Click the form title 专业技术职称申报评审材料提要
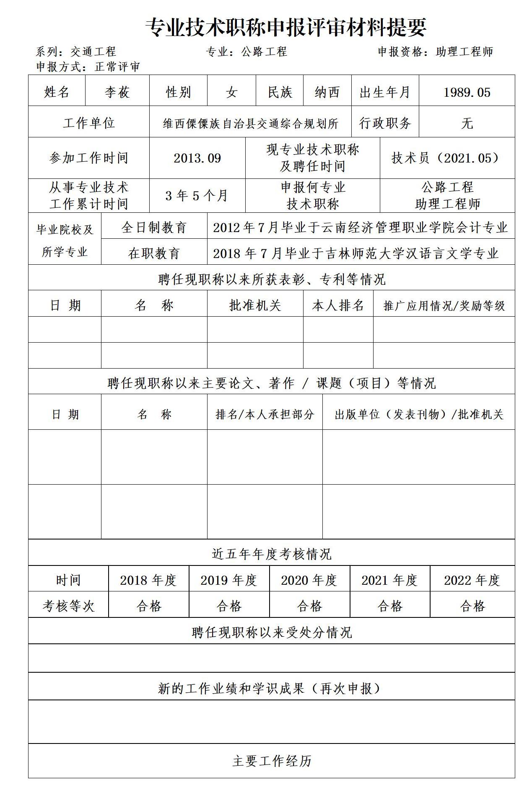tap(286, 28)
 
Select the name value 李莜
tap(117, 92)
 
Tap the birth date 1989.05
tap(467, 92)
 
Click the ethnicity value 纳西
tap(327, 92)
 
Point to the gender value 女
tap(231, 92)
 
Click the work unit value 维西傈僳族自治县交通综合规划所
tap(250, 123)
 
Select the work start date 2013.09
tap(197, 158)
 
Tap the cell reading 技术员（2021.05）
tap(447, 158)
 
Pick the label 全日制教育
tap(154, 227)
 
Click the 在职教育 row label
tap(154, 253)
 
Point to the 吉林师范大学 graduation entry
tap(356, 253)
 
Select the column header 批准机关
tap(255, 305)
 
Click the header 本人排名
tap(338, 305)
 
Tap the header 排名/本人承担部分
tap(265, 414)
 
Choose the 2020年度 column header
tap(309, 580)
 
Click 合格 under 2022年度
tap(472, 606)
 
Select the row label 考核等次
tap(68, 606)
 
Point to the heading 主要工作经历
tap(272, 761)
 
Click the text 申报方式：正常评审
tap(88, 67)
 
